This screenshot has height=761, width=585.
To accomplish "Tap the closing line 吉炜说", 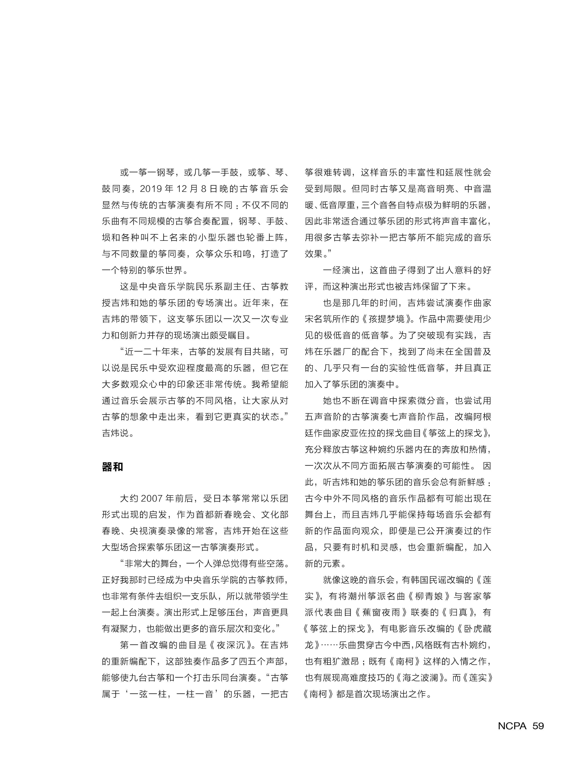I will point(115,433).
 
